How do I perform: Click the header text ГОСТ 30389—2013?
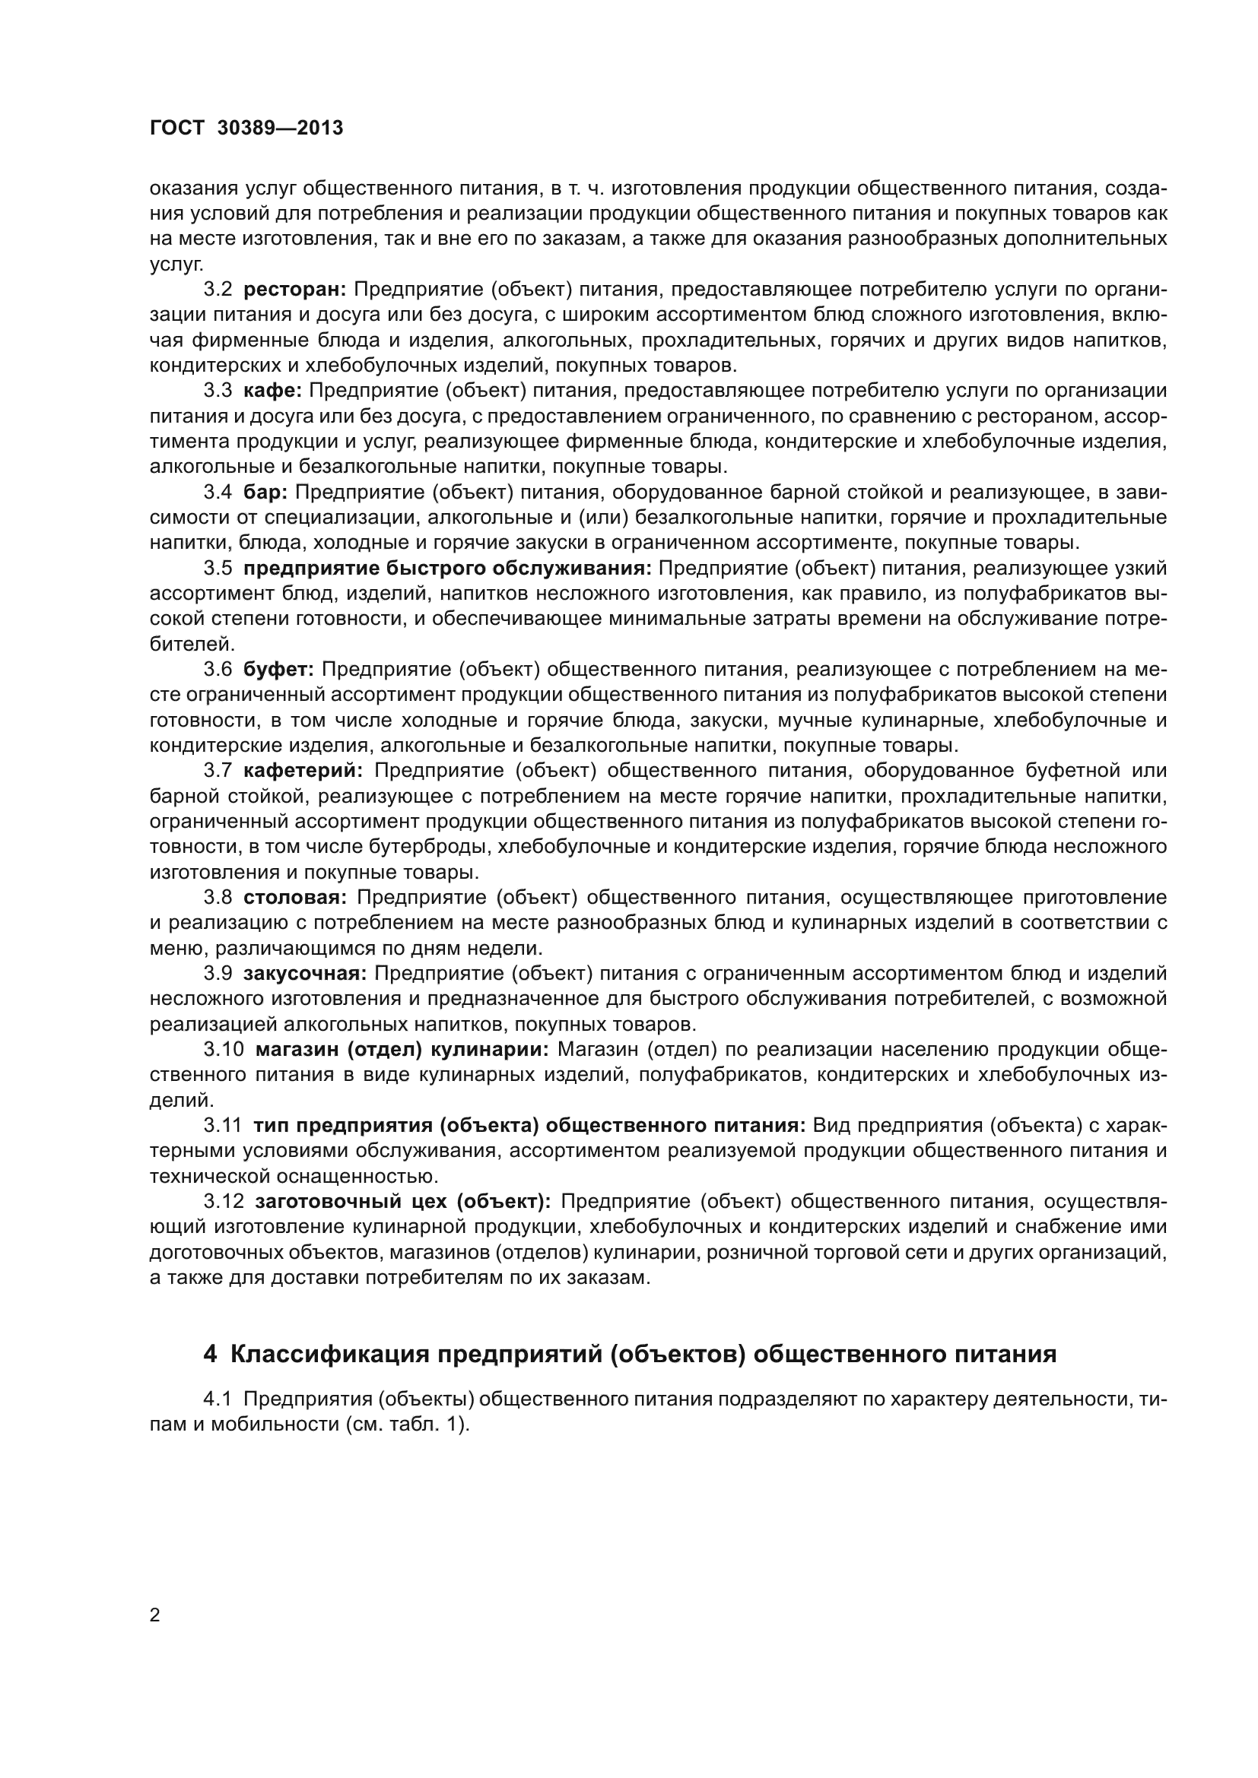point(246,128)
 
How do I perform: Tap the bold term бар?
point(265,492)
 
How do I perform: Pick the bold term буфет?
point(279,669)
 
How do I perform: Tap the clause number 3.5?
point(218,569)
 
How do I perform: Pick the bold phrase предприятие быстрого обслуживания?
point(448,569)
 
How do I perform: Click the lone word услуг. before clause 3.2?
point(176,264)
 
